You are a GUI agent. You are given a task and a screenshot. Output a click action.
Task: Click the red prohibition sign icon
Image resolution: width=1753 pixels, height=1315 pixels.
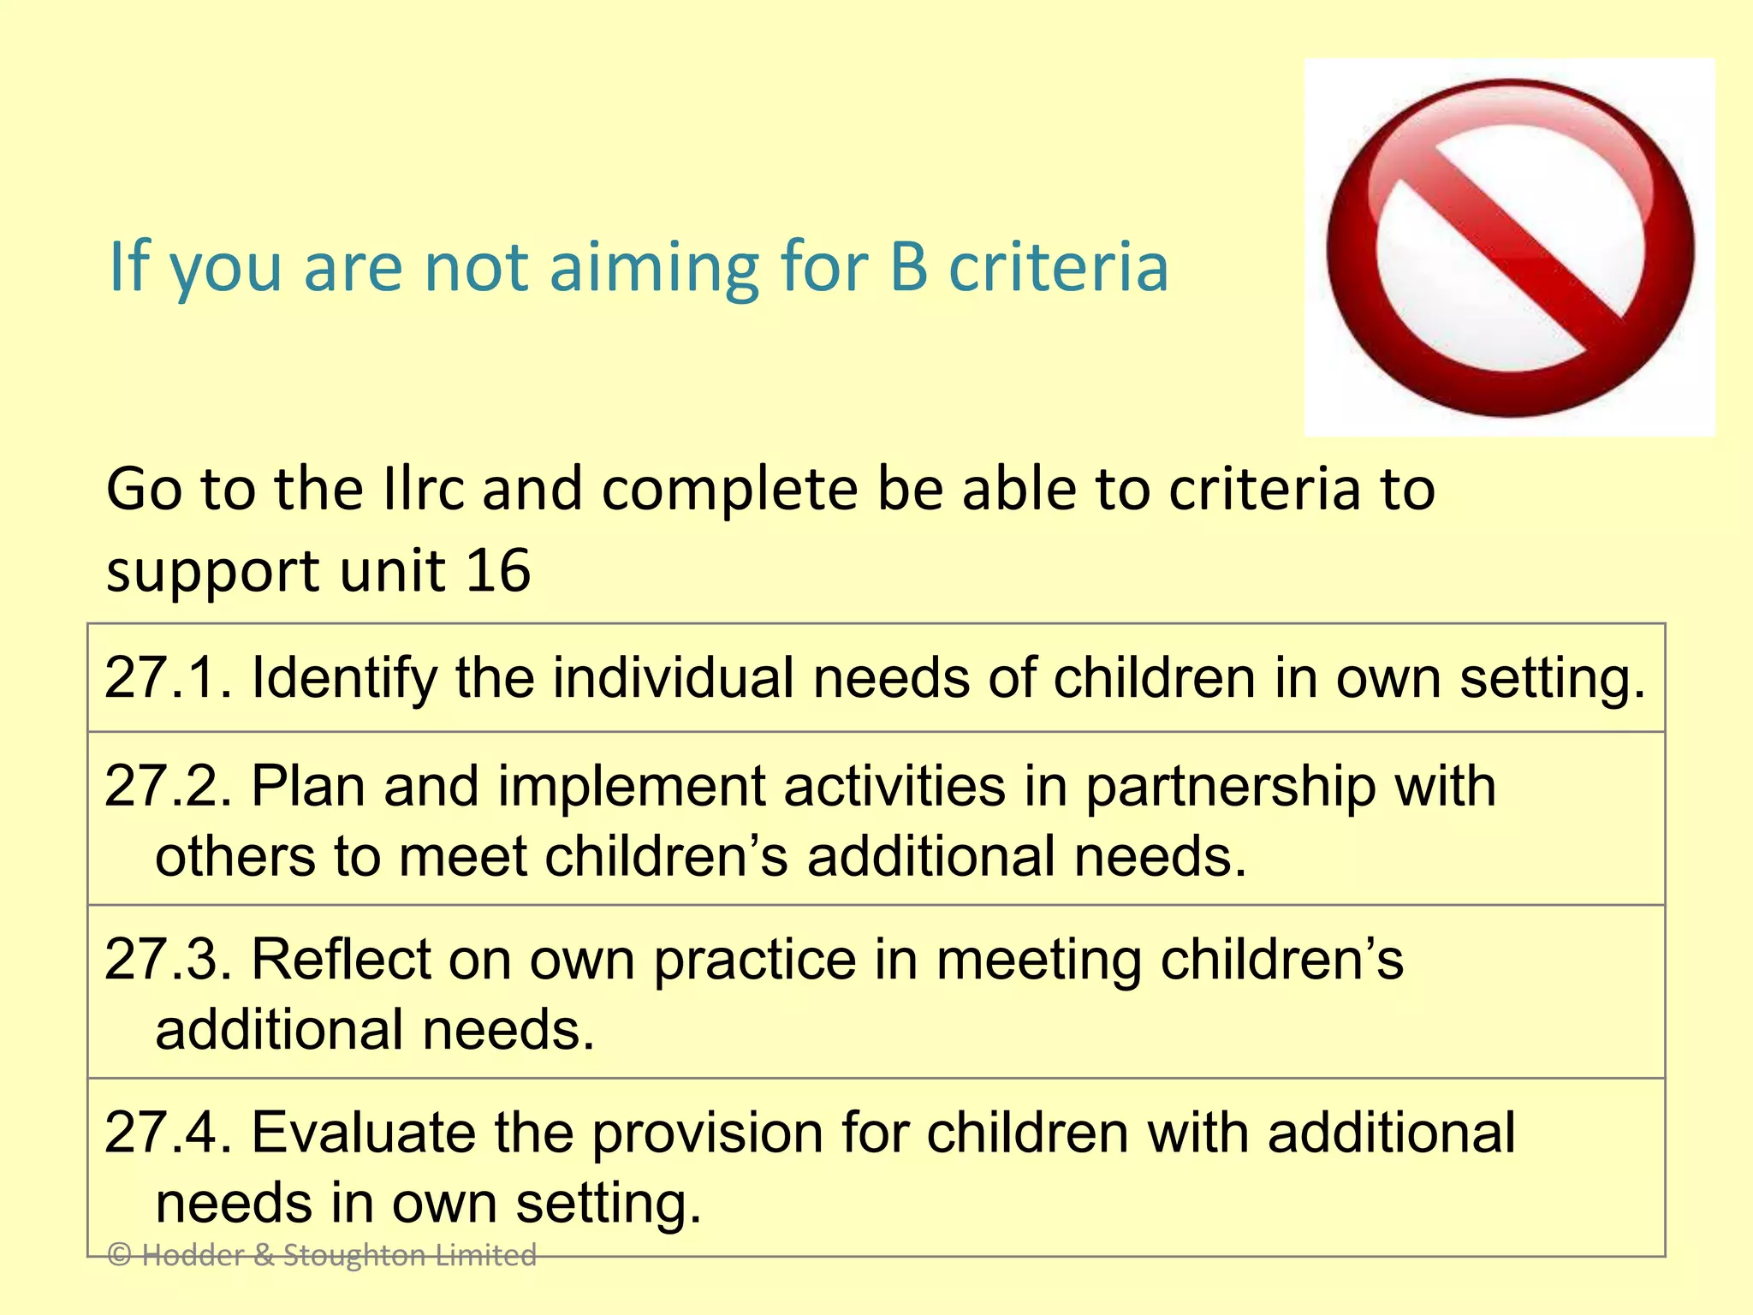coord(1510,247)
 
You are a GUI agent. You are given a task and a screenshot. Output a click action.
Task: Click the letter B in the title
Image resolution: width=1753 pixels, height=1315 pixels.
coord(909,267)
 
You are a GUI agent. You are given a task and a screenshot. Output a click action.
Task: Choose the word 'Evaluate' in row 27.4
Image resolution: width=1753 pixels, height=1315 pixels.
coord(363,1133)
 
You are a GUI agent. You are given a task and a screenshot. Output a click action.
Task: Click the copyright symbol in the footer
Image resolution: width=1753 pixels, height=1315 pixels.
coord(120,1255)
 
